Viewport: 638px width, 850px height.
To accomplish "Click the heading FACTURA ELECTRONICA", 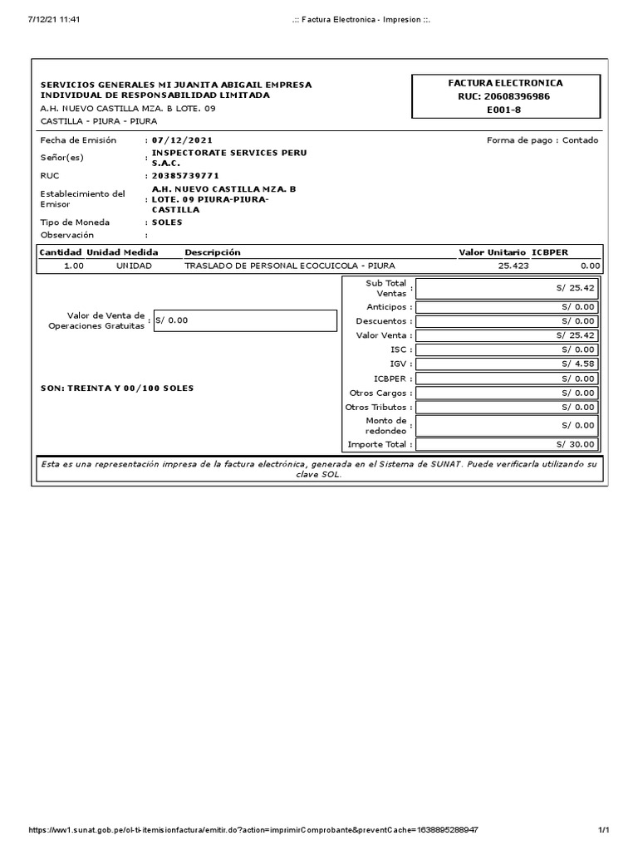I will click(505, 83).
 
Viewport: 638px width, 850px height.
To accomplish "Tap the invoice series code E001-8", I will click(505, 110).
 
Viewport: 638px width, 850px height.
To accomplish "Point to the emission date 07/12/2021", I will click(176, 140).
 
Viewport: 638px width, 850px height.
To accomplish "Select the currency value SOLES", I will click(167, 222).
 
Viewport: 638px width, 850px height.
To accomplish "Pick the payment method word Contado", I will click(580, 140).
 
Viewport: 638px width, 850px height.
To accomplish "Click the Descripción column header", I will click(213, 252).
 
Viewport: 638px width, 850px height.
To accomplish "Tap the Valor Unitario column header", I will click(492, 252).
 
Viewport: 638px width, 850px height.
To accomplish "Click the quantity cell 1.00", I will click(74, 266).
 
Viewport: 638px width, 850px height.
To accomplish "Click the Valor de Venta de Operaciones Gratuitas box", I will click(245, 320).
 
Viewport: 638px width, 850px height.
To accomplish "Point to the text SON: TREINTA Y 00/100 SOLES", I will click(117, 388).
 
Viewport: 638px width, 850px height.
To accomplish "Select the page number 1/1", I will click(604, 830).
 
